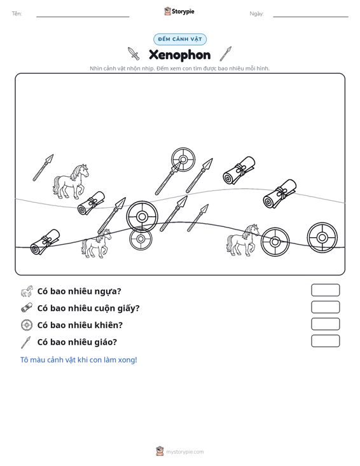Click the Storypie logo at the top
pyautogui.click(x=179, y=11)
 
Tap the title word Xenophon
pyautogui.click(x=179, y=55)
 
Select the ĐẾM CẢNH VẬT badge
pyautogui.click(x=180, y=39)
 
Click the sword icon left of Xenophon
pyautogui.click(x=134, y=53)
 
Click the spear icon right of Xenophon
pyautogui.click(x=226, y=54)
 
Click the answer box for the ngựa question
pyautogui.click(x=325, y=290)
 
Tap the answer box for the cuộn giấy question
pyautogui.click(x=325, y=307)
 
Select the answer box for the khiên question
pyautogui.click(x=325, y=324)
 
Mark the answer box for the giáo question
pyautogui.click(x=325, y=341)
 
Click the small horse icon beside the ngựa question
pyautogui.click(x=27, y=291)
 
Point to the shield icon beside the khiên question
pyautogui.click(x=27, y=325)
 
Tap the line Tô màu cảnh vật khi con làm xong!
pyautogui.click(x=78, y=360)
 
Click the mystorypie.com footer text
pyautogui.click(x=184, y=452)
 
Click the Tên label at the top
pyautogui.click(x=17, y=14)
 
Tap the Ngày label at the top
pyautogui.click(x=256, y=14)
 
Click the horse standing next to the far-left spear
pyautogui.click(x=71, y=181)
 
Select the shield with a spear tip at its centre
pyautogui.click(x=183, y=160)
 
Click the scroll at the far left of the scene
pyautogui.click(x=45, y=242)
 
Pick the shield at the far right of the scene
pyautogui.click(x=322, y=238)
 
